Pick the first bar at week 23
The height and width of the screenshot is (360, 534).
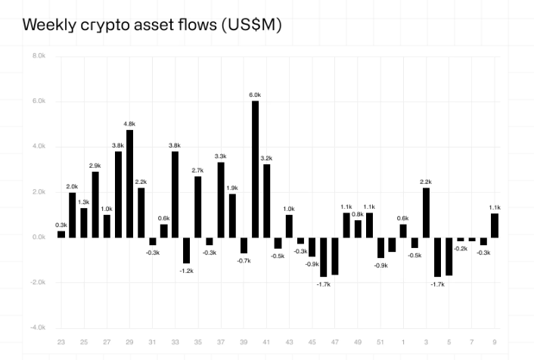click(61, 234)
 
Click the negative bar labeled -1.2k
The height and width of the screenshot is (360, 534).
click(186, 250)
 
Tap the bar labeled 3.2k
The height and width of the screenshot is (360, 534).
click(266, 200)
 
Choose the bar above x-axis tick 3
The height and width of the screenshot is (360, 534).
click(426, 213)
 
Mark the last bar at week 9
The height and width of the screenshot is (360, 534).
click(494, 225)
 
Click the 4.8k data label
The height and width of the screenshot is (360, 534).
click(129, 123)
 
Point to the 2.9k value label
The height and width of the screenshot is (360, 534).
click(95, 165)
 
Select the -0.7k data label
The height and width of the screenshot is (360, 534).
click(244, 260)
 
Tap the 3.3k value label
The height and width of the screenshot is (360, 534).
click(221, 156)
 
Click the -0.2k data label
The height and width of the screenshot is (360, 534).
click(461, 248)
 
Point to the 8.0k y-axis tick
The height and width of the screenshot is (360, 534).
click(39, 56)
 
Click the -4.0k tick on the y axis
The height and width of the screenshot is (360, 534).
click(38, 327)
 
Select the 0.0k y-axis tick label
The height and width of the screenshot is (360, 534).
click(39, 237)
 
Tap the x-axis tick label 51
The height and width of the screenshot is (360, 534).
click(380, 341)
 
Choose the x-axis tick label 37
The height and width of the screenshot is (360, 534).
click(221, 341)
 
